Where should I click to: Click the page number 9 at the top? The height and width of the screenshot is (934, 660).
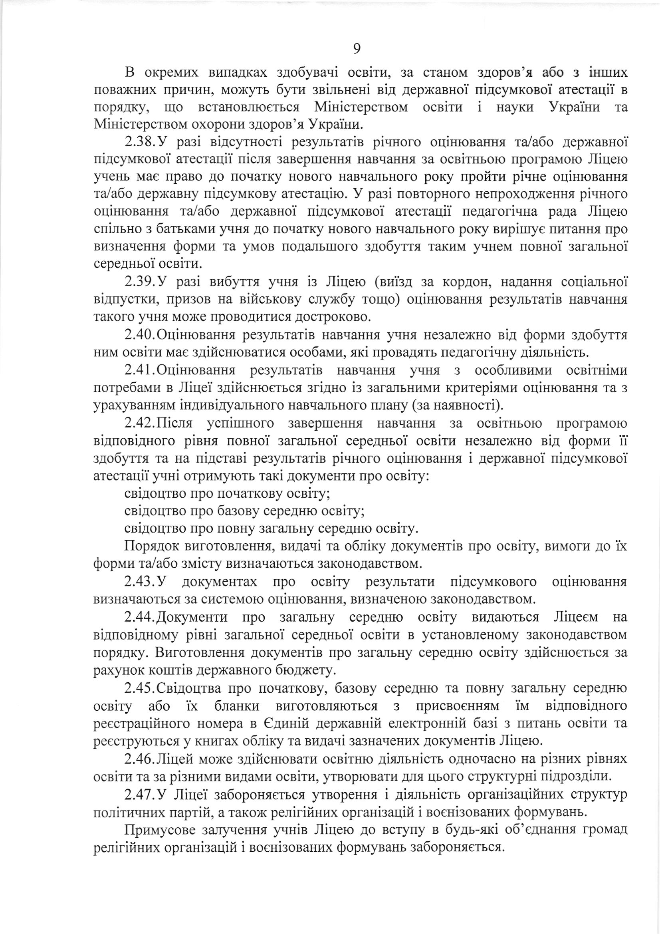[356, 49]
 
